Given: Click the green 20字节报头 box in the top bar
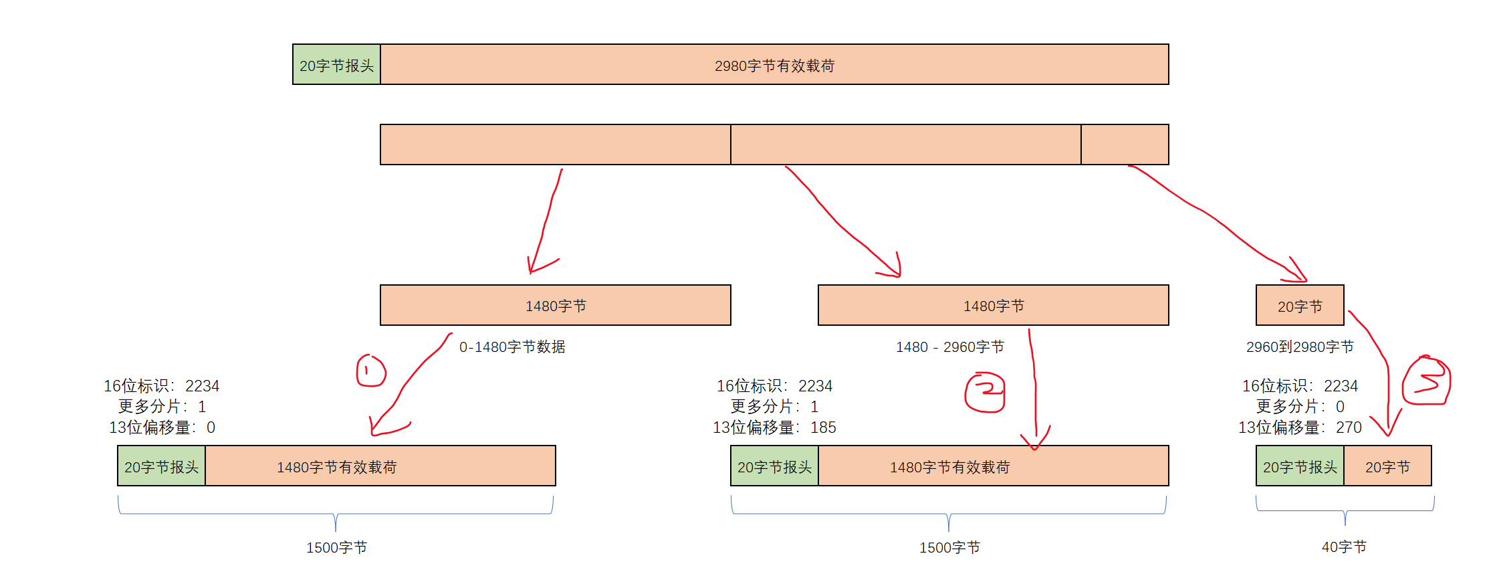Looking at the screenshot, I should coord(336,65).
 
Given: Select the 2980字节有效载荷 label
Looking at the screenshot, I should coord(774,66).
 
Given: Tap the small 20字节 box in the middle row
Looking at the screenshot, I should coord(1300,306).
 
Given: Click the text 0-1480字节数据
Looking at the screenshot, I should coord(512,347).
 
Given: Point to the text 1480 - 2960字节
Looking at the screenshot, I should coord(949,347).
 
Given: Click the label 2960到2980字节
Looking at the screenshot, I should coord(1300,347).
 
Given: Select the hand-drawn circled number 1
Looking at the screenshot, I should coord(371,371).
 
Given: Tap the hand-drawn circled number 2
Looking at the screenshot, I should coord(985,393).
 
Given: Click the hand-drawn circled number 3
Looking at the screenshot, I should coord(1426,381).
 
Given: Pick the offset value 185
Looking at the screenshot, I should coord(823,427).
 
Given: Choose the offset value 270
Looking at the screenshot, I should coord(1349,427).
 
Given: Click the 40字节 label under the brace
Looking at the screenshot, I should coord(1344,547).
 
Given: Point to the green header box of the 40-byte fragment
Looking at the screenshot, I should coord(1300,466).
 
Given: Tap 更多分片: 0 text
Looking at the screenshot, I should coord(1300,407).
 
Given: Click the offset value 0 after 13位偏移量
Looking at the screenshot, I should coord(211,427).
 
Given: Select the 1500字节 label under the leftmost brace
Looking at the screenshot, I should coord(336,548).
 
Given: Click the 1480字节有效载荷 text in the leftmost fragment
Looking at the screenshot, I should coord(336,467).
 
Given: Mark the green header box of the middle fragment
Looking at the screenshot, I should coord(774,466).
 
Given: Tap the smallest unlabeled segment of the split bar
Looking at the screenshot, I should coord(1125,145).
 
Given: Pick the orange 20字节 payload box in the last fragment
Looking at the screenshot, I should coord(1387,466).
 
